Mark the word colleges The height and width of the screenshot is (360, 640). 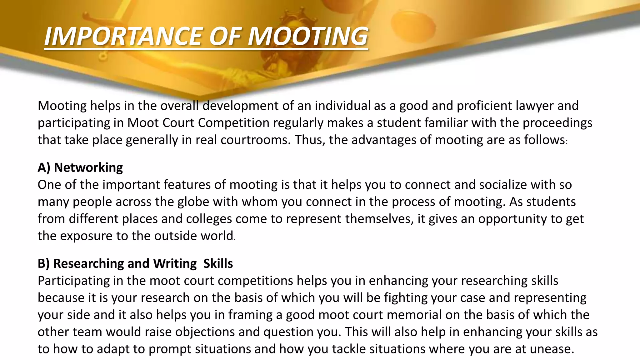click(x=209, y=219)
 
